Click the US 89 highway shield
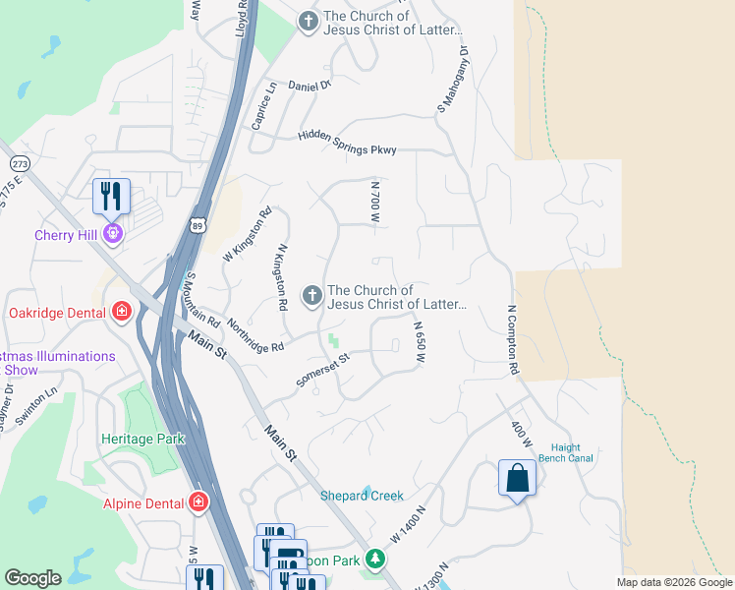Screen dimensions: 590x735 click(199, 226)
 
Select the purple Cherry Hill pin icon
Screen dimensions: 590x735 click(113, 234)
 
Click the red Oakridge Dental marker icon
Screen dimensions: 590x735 click(122, 313)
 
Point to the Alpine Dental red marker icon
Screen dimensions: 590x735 click(199, 503)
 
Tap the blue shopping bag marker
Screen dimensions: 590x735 click(518, 480)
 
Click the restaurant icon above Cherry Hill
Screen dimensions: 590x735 click(111, 196)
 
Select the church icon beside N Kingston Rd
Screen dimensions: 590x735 click(311, 296)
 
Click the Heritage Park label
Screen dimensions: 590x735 click(142, 439)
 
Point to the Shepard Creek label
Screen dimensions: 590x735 click(362, 496)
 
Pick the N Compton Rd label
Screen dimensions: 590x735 click(512, 339)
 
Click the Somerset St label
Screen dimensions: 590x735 click(323, 371)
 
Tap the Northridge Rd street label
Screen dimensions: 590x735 click(254, 335)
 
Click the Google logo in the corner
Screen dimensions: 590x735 click(32, 578)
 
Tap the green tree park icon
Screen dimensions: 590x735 click(373, 560)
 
